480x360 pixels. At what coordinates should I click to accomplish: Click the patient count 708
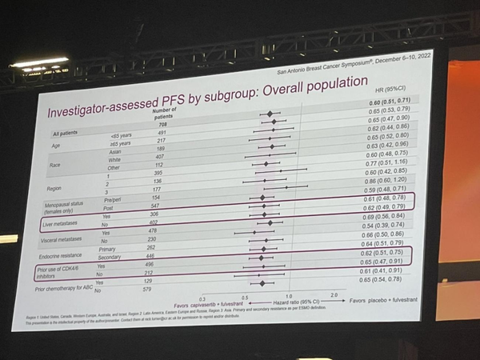[x=164, y=125]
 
